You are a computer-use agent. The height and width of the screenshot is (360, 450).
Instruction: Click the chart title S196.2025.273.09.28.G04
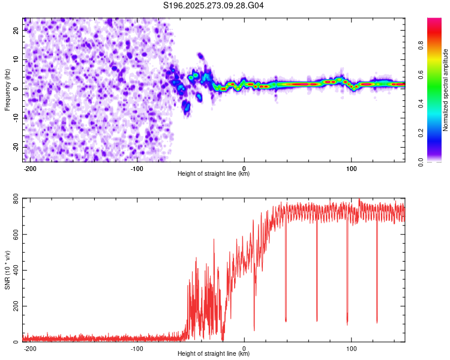[x=214, y=6]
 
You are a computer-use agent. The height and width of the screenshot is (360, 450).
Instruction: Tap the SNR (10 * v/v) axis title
[x=7, y=270]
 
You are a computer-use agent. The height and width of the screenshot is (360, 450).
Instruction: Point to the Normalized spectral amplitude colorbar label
[x=446, y=90]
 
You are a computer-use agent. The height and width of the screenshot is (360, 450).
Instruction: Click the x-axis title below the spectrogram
[x=214, y=174]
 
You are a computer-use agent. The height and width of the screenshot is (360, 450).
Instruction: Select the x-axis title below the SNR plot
[x=214, y=354]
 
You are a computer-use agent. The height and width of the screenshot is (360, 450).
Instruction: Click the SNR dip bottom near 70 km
[x=317, y=320]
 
